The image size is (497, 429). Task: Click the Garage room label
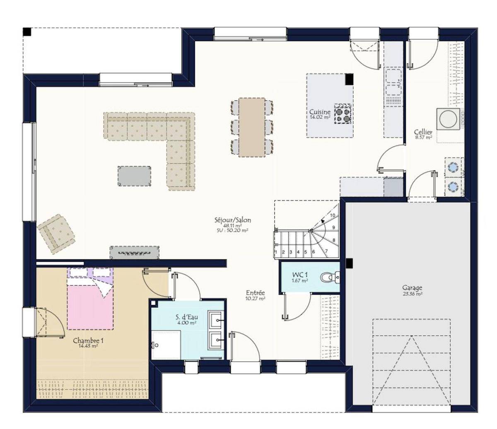(x=412, y=288)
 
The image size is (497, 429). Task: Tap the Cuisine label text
(x=320, y=112)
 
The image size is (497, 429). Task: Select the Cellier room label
(x=423, y=132)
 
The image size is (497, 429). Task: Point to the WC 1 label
(x=300, y=275)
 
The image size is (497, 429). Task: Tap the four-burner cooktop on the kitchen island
(x=343, y=114)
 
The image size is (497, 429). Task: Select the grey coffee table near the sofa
(x=135, y=176)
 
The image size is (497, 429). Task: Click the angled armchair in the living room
(x=56, y=234)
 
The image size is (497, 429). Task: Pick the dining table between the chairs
(x=252, y=127)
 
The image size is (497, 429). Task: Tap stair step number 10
(x=333, y=215)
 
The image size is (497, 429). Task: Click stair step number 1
(x=276, y=252)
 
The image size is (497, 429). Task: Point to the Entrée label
(x=256, y=293)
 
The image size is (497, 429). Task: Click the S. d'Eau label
(x=187, y=318)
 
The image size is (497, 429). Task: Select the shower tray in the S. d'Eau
(x=166, y=345)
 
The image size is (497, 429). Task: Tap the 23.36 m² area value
(x=413, y=294)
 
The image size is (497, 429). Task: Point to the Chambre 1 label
(x=88, y=340)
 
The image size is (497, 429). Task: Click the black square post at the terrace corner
(x=27, y=32)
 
